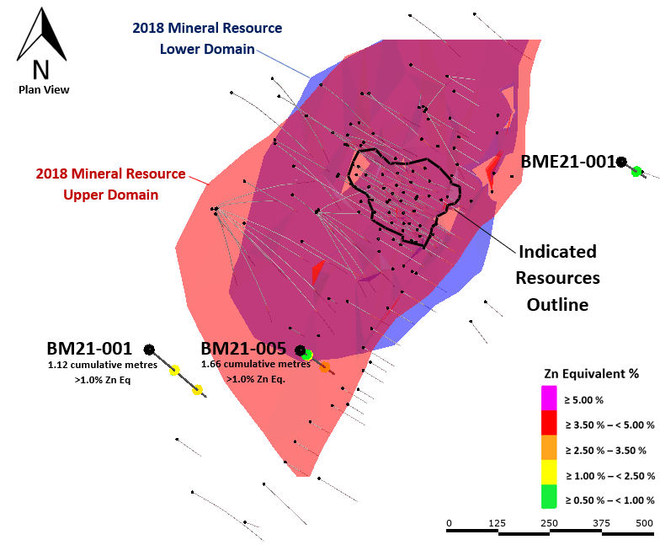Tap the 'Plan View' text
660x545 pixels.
[x=44, y=89]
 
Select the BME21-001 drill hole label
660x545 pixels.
[x=568, y=162]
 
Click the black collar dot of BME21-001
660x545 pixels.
[x=621, y=162]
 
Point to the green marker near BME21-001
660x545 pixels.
[x=636, y=172]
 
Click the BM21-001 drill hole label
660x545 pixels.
[x=89, y=349]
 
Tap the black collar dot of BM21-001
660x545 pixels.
[x=149, y=349]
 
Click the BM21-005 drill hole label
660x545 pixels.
[x=243, y=349]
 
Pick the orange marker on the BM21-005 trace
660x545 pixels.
[x=325, y=367]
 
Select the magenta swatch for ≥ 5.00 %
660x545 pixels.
[x=549, y=398]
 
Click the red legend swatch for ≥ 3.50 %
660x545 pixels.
[x=549, y=423]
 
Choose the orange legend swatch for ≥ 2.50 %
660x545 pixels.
[x=549, y=448]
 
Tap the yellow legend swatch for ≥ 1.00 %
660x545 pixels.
[x=549, y=472]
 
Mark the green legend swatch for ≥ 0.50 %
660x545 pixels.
[x=549, y=497]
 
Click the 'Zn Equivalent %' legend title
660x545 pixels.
[x=591, y=374]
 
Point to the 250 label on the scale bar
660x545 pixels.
[x=549, y=523]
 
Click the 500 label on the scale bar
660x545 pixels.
[x=645, y=523]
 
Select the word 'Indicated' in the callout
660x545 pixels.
[x=557, y=252]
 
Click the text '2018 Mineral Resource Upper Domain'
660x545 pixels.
[x=111, y=184]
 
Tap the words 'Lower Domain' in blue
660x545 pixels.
[x=207, y=49]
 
